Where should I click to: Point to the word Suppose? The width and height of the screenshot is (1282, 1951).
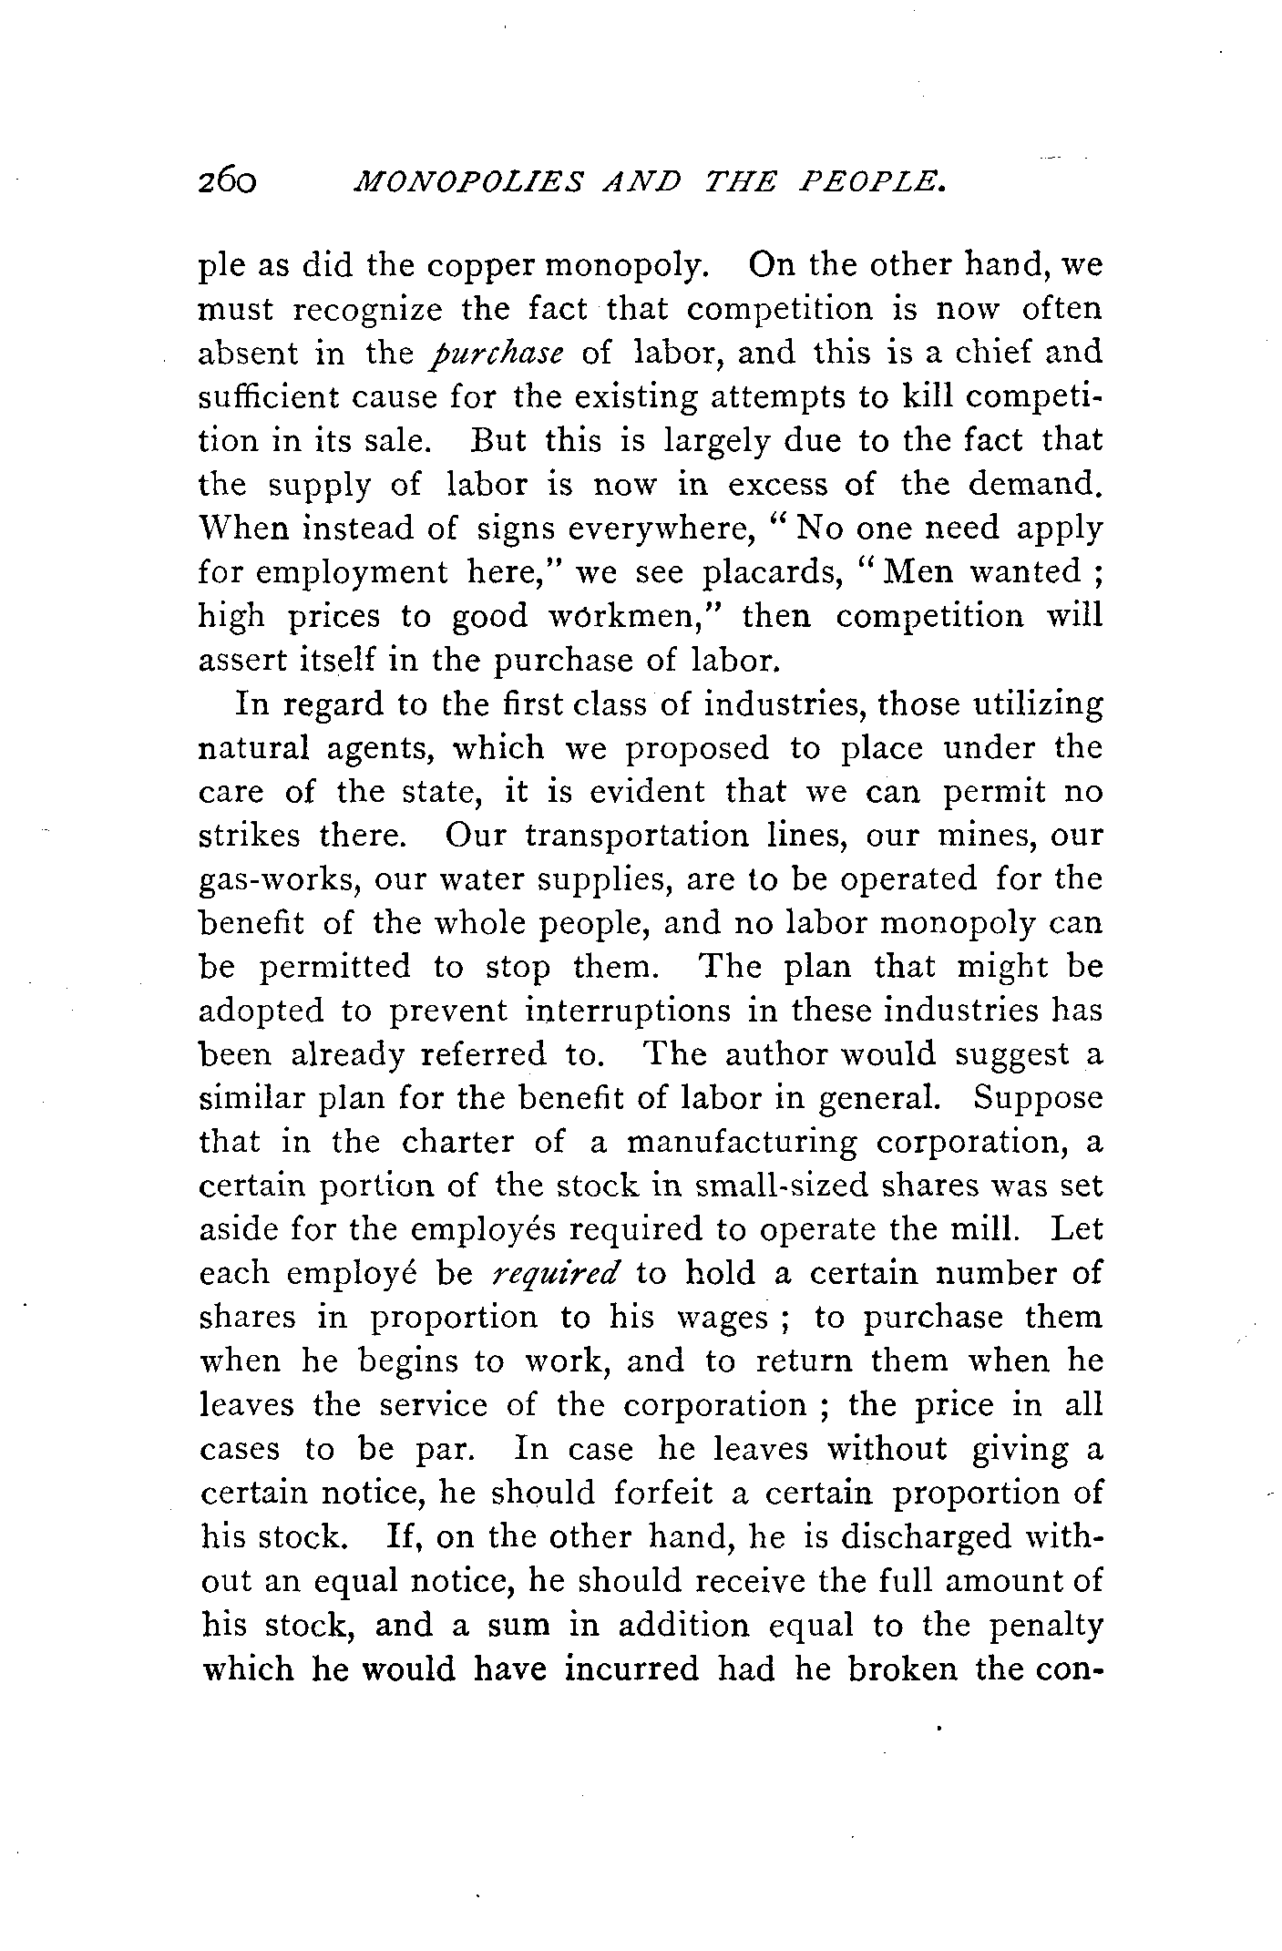tap(1038, 1098)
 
